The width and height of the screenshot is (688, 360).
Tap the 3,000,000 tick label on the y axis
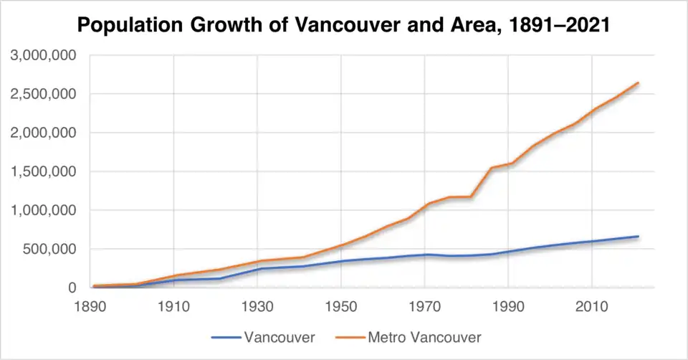click(x=44, y=55)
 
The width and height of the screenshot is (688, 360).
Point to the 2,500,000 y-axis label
click(x=44, y=94)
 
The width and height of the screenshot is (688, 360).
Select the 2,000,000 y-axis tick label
click(x=44, y=133)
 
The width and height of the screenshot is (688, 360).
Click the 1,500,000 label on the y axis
click(x=44, y=171)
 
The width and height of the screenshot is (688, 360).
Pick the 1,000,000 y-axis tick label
click(x=44, y=211)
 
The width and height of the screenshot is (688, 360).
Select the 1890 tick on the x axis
click(x=90, y=305)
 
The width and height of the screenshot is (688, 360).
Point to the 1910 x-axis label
click(x=173, y=305)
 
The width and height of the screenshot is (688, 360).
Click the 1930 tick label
click(x=257, y=305)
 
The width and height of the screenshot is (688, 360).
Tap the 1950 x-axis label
click(x=341, y=305)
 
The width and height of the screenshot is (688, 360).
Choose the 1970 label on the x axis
click(x=425, y=305)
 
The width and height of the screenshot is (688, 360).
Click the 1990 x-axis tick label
click(x=509, y=305)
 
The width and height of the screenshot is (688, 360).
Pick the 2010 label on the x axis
click(x=592, y=305)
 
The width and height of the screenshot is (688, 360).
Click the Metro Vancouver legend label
click(x=424, y=336)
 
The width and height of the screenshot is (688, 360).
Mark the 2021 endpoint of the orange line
click(x=638, y=83)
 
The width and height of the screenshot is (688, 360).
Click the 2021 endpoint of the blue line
click(x=638, y=237)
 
